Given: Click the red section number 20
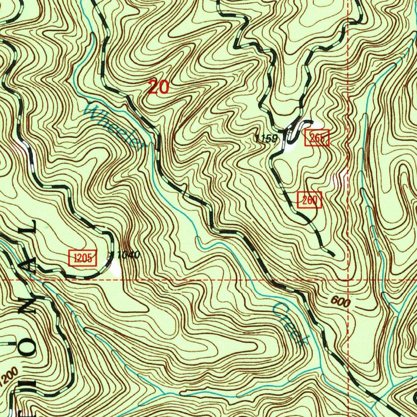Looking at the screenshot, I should (x=158, y=87).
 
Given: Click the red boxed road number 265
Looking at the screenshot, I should (x=316, y=139).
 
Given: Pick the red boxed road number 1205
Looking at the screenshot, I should (x=83, y=257).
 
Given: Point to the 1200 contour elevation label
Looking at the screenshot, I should (x=9, y=376).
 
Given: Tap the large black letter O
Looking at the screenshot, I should (x=26, y=353).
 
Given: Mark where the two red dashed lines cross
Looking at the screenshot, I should (x=349, y=281).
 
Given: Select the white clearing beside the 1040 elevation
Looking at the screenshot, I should (x=115, y=269).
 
